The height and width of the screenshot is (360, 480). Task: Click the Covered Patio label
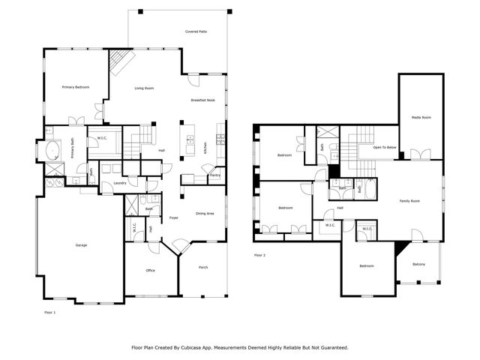pos(196,31)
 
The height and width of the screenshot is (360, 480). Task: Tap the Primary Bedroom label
pos(76,88)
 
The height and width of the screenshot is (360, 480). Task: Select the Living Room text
pos(144,88)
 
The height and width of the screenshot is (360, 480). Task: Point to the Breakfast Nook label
pos(203,100)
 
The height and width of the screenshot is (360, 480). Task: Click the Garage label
pos(80,245)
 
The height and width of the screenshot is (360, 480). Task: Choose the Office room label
pos(150,270)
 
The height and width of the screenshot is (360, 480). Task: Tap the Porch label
pos(203,266)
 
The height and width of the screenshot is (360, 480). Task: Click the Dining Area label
pos(205,214)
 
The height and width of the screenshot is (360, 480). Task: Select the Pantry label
pos(214,175)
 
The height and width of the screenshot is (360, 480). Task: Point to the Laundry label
pos(119,183)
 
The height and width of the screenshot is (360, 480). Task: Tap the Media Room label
pos(421,117)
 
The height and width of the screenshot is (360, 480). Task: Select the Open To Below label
pos(384,148)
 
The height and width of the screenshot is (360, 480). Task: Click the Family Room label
pos(409,201)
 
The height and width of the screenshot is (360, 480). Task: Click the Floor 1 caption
pos(50,311)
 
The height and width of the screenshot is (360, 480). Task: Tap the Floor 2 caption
pos(260,255)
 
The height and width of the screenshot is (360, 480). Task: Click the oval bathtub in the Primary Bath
pos(51,151)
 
